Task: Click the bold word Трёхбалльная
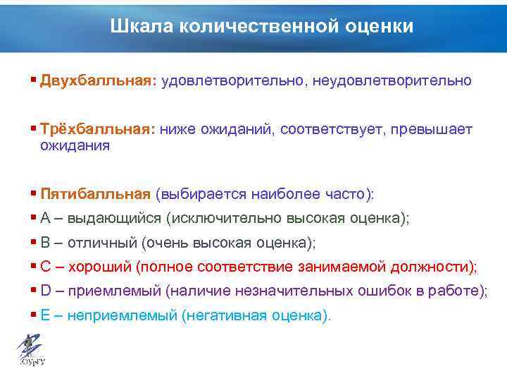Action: pos(97,130)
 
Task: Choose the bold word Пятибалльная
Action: pos(95,194)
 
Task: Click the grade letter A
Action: pos(45,219)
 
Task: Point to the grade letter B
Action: pos(45,243)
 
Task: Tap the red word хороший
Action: pos(99,267)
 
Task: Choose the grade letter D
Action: pos(46,291)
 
